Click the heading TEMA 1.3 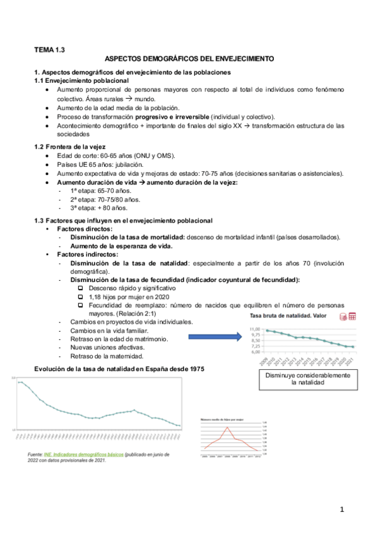click(x=49, y=49)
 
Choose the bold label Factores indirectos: click(x=83, y=254)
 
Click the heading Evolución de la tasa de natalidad click(x=119, y=368)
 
